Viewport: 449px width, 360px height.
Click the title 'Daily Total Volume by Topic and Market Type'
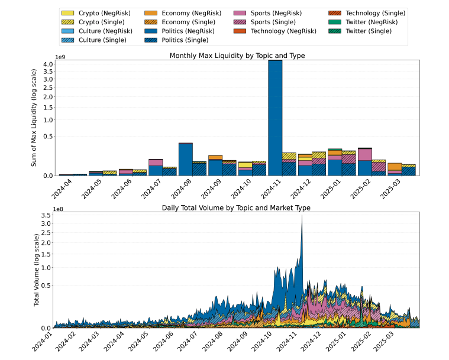pos(237,208)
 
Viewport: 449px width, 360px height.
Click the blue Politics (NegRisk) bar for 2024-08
pos(186,160)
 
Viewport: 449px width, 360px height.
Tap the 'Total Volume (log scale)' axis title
pos(37,270)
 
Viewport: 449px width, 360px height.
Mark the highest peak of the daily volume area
pos(302,216)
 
